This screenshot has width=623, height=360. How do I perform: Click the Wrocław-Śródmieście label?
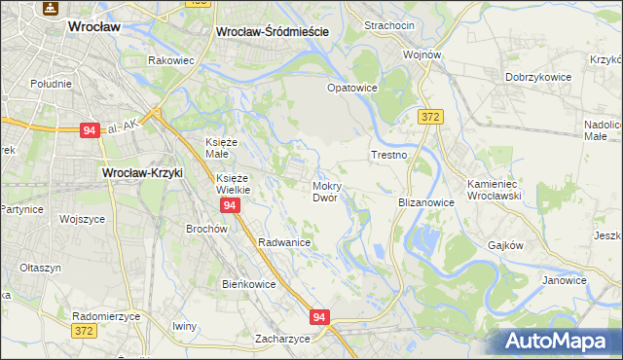(x=272, y=31)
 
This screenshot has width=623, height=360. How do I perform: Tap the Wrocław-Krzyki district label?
(x=143, y=173)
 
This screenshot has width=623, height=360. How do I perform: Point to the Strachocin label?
(x=388, y=25)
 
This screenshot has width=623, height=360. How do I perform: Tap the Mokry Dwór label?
(x=325, y=191)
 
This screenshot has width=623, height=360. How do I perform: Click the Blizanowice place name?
(x=426, y=202)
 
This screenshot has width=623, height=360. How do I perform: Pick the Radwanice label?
(x=284, y=242)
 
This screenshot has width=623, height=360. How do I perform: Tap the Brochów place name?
(x=206, y=229)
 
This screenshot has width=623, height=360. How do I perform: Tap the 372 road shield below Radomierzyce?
(x=85, y=332)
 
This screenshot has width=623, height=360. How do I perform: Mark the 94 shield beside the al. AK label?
(x=89, y=129)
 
